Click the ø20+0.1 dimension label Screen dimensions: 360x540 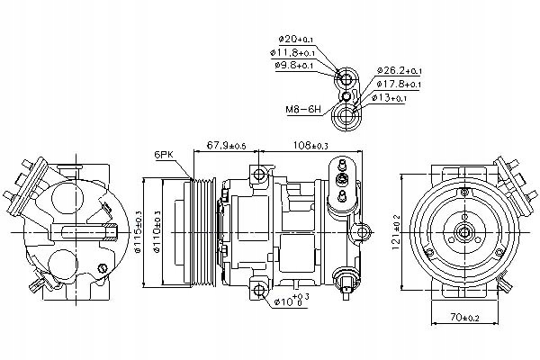(x=296, y=40)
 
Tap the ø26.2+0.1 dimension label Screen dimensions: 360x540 (x=399, y=70)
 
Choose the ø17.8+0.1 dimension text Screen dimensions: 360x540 (x=399, y=84)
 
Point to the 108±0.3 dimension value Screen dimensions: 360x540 (x=310, y=145)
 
